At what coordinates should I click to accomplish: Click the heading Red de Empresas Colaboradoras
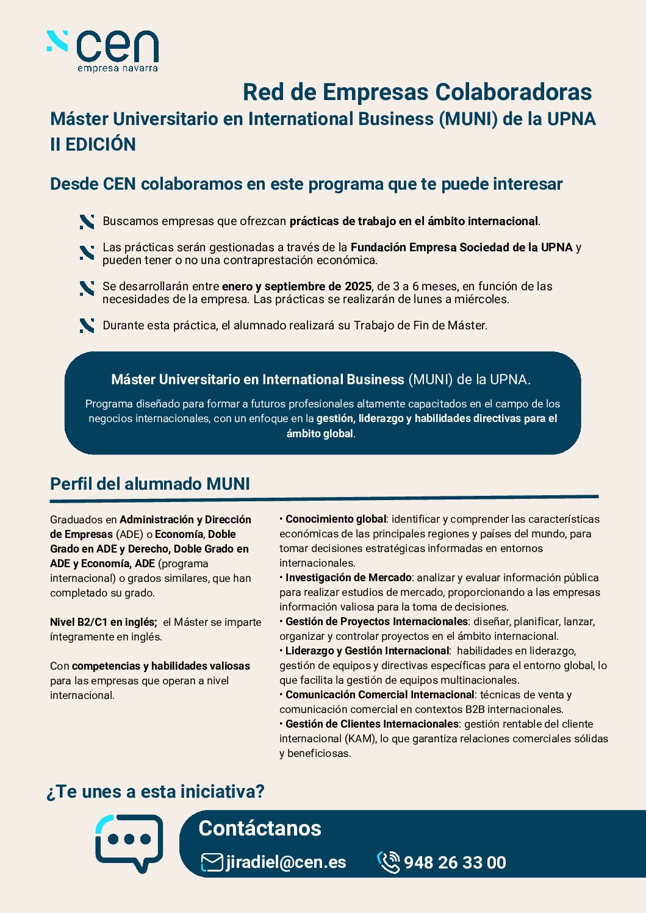tap(417, 92)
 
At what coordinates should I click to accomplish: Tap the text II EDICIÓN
tap(93, 145)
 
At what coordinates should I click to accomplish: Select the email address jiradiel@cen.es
tap(285, 862)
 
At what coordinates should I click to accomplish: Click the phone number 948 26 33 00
tap(454, 863)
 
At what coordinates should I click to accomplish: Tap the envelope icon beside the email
tap(212, 862)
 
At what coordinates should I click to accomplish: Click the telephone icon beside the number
tap(388, 862)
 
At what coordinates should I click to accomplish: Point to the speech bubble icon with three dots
tap(129, 842)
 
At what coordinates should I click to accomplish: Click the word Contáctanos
tap(260, 828)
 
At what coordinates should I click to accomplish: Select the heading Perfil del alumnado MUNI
tap(150, 484)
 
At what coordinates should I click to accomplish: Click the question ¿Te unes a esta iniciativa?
tap(156, 792)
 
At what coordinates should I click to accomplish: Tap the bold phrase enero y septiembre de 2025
tap(296, 287)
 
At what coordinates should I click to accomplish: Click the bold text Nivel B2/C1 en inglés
tap(103, 622)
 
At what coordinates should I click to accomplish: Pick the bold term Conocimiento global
tap(336, 519)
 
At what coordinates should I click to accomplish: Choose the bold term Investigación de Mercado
tap(348, 578)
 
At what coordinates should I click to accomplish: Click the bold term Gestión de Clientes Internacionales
tap(371, 724)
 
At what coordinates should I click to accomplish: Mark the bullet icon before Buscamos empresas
tap(87, 222)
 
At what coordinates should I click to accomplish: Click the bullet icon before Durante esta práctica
tap(87, 326)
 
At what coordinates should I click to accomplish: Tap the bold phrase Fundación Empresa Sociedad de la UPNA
tap(461, 248)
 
